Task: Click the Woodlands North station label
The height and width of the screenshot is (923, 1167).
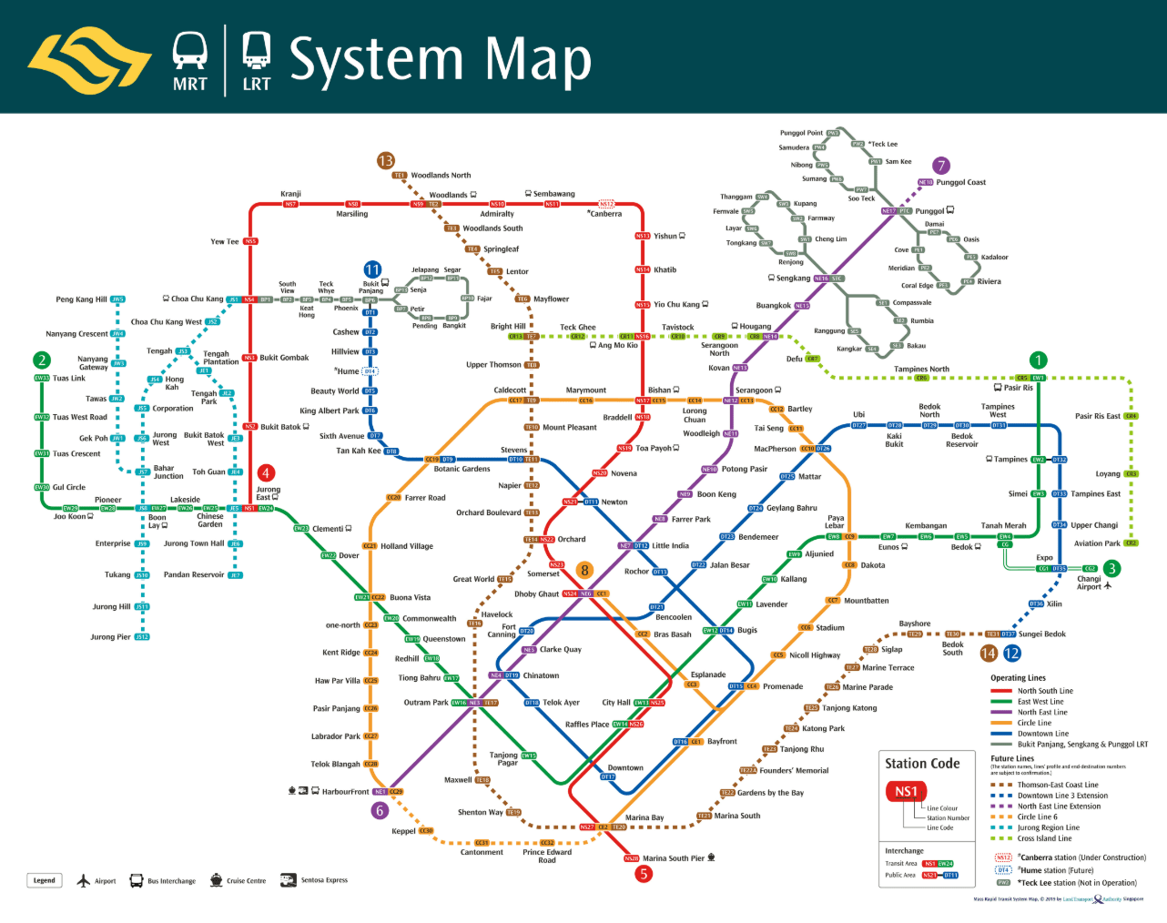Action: (441, 176)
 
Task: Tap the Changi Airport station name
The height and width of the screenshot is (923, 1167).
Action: (1090, 583)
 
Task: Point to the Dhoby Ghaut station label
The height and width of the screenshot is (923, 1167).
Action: (537, 594)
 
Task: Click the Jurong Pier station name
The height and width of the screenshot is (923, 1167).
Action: (110, 637)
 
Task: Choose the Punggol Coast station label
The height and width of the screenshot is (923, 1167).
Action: (961, 182)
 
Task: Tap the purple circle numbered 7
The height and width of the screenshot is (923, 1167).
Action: (941, 165)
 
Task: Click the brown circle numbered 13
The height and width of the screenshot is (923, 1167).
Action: (386, 161)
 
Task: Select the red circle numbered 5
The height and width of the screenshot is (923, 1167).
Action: (644, 874)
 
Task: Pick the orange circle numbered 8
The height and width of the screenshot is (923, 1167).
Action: (584, 570)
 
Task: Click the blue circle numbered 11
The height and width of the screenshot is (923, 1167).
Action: (372, 269)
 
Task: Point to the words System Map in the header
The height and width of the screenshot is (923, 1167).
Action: (441, 60)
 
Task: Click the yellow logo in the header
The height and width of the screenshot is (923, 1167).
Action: (89, 60)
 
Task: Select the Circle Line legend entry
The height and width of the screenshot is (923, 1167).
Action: (1034, 723)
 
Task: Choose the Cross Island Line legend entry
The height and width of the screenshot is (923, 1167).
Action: (1044, 838)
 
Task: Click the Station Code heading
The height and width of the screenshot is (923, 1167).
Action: (922, 764)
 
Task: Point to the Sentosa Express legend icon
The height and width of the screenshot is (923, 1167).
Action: (289, 880)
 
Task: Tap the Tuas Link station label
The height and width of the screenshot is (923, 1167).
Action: (68, 379)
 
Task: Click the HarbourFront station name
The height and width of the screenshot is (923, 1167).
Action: (345, 792)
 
